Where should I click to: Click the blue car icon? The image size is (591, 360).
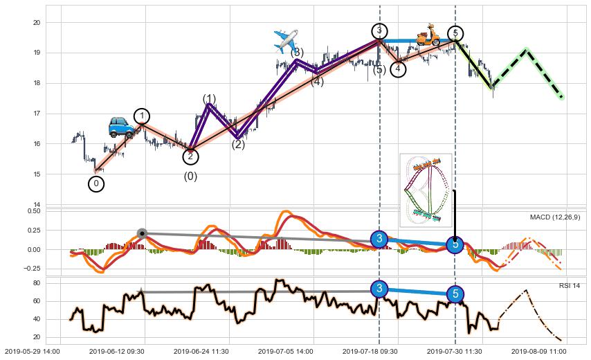pyautogui.click(x=121, y=126)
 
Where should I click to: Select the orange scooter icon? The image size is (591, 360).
pyautogui.click(x=428, y=35)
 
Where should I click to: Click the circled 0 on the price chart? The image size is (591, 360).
pyautogui.click(x=97, y=184)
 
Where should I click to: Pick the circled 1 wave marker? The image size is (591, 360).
pyautogui.click(x=142, y=116)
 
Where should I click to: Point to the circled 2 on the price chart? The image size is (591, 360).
pyautogui.click(x=190, y=156)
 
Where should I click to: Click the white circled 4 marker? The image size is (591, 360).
pyautogui.click(x=398, y=69)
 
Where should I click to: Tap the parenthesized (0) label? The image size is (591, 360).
pyautogui.click(x=190, y=177)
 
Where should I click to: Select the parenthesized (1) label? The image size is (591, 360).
pyautogui.click(x=210, y=99)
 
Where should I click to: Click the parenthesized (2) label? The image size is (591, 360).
pyautogui.click(x=238, y=145)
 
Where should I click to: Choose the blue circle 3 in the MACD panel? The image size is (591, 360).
pyautogui.click(x=379, y=240)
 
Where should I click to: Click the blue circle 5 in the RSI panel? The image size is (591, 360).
pyautogui.click(x=455, y=294)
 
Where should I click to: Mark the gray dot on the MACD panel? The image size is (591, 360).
pyautogui.click(x=142, y=233)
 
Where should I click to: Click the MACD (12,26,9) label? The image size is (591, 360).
pyautogui.click(x=555, y=217)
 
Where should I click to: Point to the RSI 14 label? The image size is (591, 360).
pyautogui.click(x=570, y=285)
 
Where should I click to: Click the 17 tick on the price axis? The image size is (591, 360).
pyautogui.click(x=37, y=114)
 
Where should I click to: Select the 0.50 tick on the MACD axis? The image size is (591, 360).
pyautogui.click(x=34, y=211)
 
